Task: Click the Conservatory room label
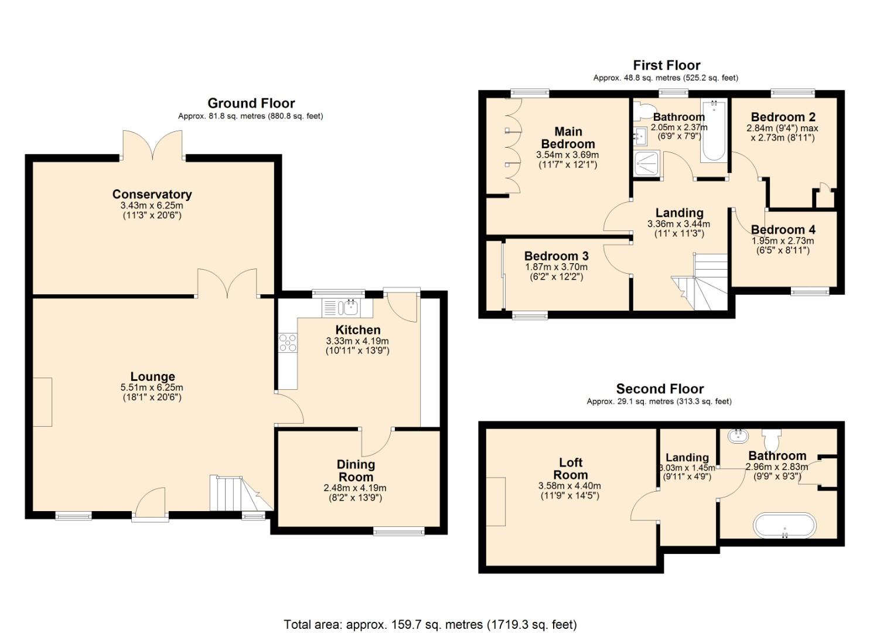[152, 194]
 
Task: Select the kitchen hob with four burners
[288, 342]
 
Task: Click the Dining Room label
[356, 471]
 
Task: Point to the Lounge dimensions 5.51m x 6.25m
[152, 387]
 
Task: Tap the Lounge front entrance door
[150, 504]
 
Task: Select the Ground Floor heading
[251, 103]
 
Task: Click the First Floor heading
[666, 65]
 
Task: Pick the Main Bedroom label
[568, 138]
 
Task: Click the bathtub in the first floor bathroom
[714, 131]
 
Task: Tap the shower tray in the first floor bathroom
[646, 164]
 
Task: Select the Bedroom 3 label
[556, 256]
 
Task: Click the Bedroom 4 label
[783, 230]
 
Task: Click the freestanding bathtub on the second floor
[784, 526]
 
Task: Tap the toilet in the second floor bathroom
[772, 437]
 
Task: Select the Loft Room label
[570, 469]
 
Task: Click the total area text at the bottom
[430, 624]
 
